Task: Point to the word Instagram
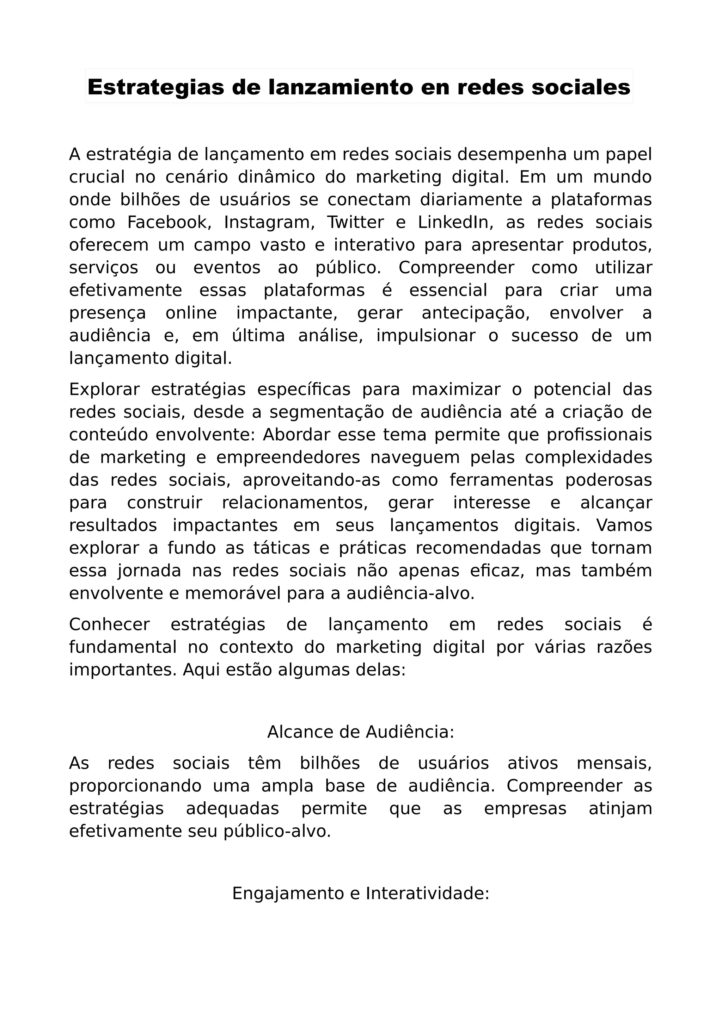(269, 222)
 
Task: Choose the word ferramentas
(501, 480)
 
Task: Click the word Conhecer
(109, 624)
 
